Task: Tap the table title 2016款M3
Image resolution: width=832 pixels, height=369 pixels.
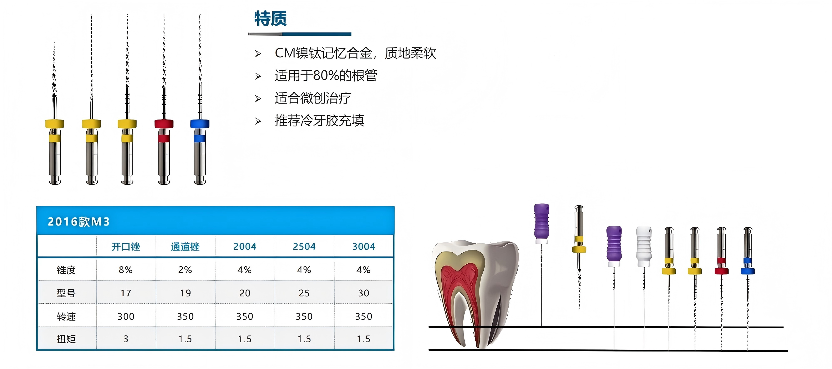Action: pyautogui.click(x=78, y=222)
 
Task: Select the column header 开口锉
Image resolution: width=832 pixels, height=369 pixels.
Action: pyautogui.click(x=126, y=247)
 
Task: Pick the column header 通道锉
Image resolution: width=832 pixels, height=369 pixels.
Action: pyautogui.click(x=185, y=247)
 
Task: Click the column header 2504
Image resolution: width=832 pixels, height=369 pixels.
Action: pyautogui.click(x=304, y=247)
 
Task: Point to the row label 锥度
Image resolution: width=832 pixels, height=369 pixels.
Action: pyautogui.click(x=66, y=270)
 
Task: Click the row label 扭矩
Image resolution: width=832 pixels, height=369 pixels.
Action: pyautogui.click(x=66, y=339)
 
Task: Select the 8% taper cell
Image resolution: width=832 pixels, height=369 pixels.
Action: pyautogui.click(x=126, y=270)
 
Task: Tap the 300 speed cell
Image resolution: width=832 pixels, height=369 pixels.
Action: pyautogui.click(x=126, y=316)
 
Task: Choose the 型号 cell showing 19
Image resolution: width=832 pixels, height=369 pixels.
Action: pyautogui.click(x=185, y=293)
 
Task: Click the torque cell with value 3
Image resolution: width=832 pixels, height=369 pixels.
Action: pyautogui.click(x=126, y=339)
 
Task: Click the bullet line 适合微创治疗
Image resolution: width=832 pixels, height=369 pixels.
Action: pyautogui.click(x=313, y=98)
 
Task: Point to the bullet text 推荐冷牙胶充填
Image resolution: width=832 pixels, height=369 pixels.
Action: pyautogui.click(x=319, y=121)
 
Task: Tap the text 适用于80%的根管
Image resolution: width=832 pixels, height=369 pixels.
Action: pyautogui.click(x=326, y=75)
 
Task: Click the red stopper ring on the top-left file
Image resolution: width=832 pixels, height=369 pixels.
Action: pyautogui.click(x=164, y=123)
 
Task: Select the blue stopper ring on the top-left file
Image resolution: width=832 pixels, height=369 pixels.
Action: pyautogui.click(x=200, y=123)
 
